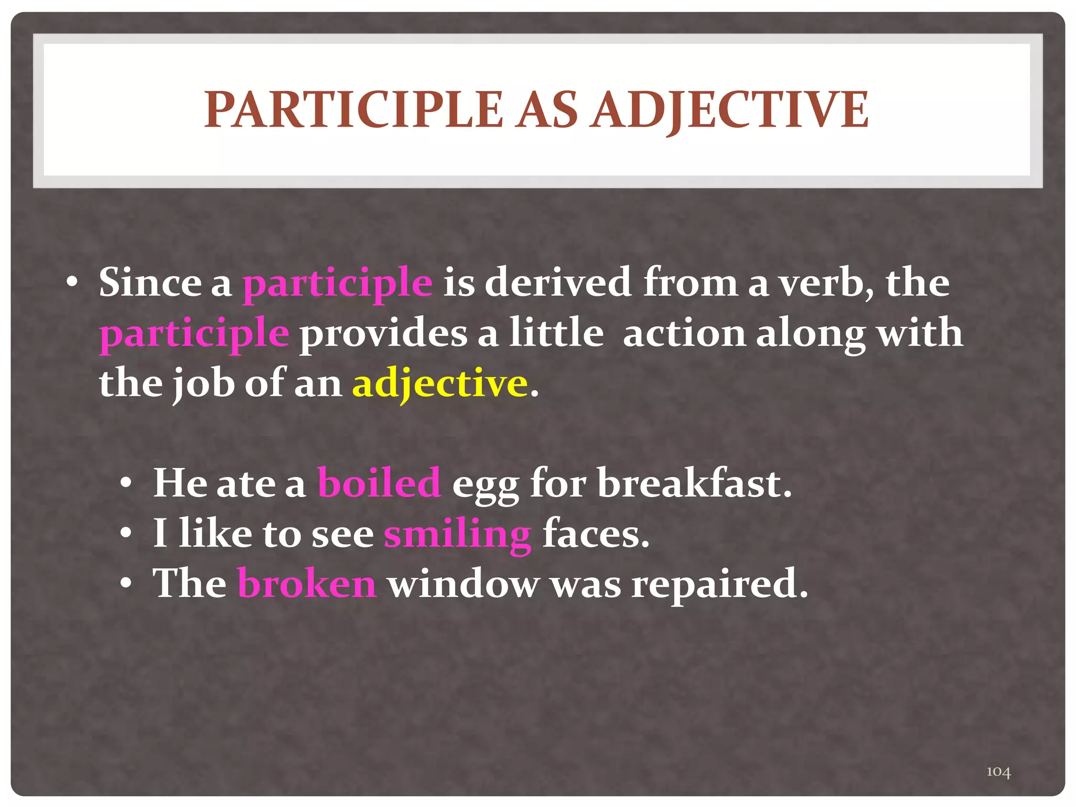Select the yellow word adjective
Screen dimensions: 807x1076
click(440, 384)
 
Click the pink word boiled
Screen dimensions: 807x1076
click(379, 483)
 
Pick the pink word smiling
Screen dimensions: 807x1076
click(457, 534)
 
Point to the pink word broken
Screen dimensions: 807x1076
click(307, 583)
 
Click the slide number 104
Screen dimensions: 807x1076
click(998, 771)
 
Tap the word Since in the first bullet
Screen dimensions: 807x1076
click(150, 283)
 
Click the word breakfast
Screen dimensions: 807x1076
click(694, 483)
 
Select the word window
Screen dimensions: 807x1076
click(464, 583)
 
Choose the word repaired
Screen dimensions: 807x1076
click(719, 584)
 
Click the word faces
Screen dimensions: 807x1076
click(595, 534)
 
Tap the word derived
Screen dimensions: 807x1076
click(557, 283)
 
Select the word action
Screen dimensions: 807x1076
click(684, 333)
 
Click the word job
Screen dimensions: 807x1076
click(203, 385)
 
